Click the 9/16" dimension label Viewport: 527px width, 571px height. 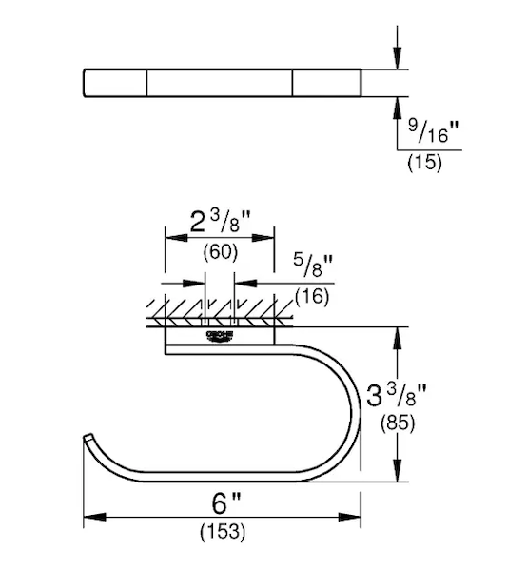(433, 131)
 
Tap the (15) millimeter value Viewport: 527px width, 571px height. (424, 162)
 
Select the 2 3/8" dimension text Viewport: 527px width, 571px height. (221, 222)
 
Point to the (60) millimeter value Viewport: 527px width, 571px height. (221, 251)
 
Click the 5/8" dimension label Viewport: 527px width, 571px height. (313, 266)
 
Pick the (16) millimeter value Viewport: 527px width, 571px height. (312, 296)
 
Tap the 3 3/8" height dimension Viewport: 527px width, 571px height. (397, 395)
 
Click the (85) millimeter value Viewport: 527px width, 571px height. (398, 423)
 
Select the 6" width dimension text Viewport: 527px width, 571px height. (226, 503)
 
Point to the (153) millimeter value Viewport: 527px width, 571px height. (223, 532)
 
